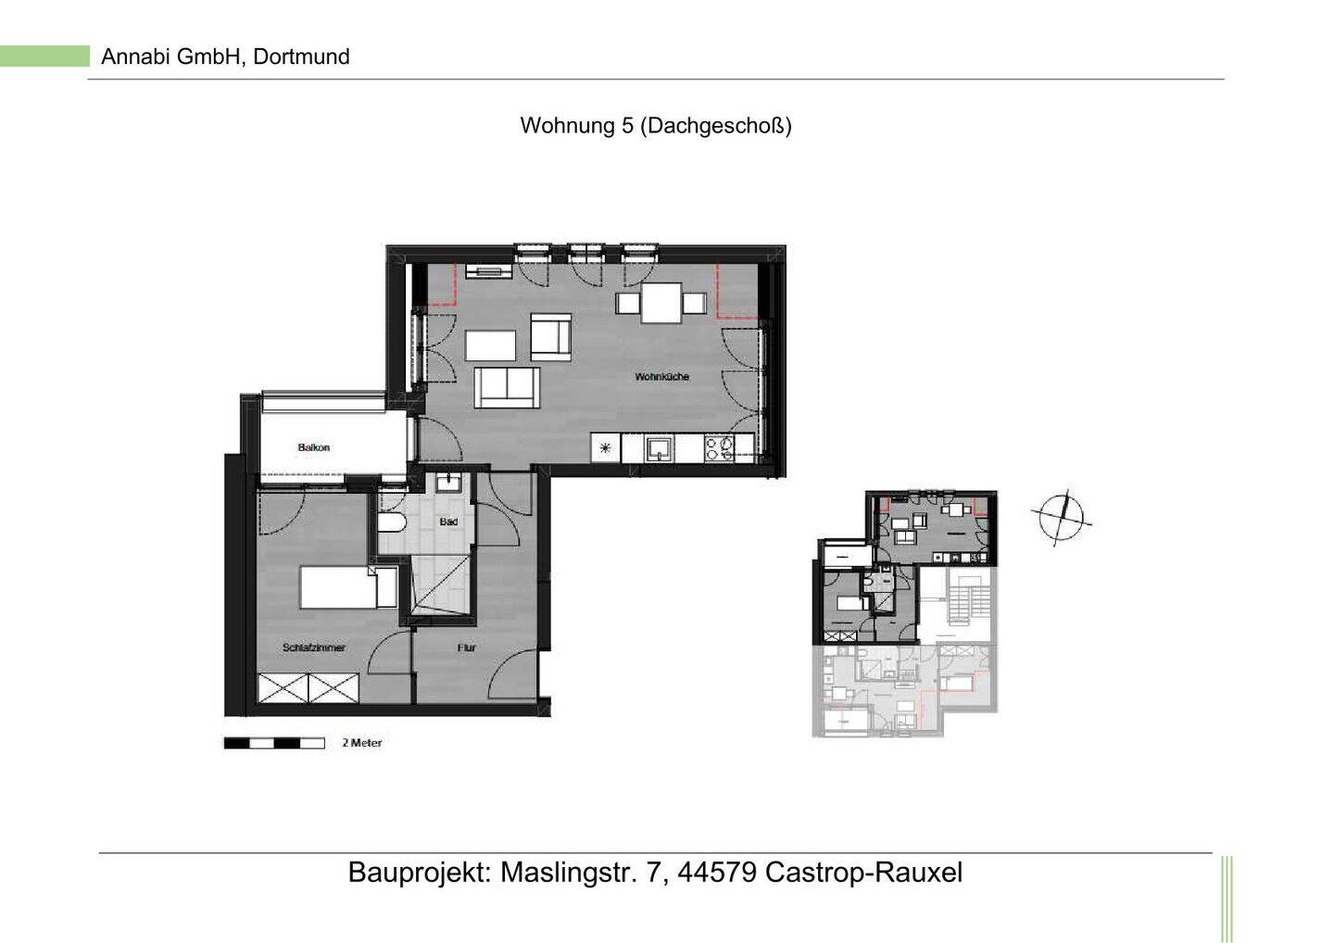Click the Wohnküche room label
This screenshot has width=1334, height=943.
(661, 377)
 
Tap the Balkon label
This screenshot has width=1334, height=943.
(313, 448)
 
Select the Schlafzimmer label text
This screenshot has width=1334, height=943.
(314, 648)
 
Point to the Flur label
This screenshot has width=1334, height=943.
(466, 648)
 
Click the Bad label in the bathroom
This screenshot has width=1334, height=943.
(448, 522)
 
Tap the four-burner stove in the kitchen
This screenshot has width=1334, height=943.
(718, 449)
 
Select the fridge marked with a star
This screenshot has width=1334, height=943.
(606, 449)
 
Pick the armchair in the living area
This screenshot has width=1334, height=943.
(550, 336)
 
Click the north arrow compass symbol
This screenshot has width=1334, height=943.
(1062, 516)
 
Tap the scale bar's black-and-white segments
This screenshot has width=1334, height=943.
(274, 743)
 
